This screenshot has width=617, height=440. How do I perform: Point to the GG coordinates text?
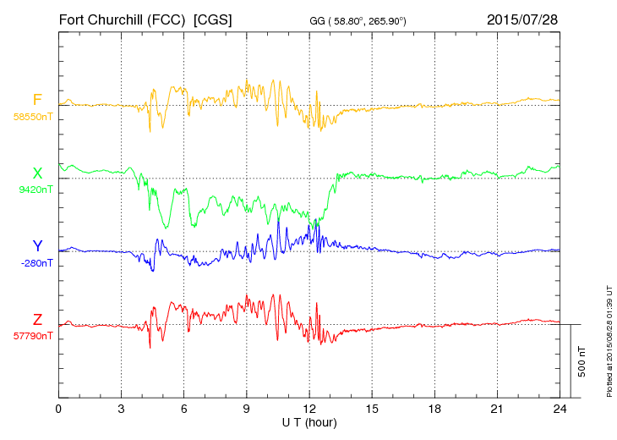[x=358, y=19]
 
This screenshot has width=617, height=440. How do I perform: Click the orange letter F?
[x=37, y=101]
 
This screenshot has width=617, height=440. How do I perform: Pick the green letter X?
[x=37, y=173]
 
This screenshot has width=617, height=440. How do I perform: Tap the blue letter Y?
[x=37, y=246]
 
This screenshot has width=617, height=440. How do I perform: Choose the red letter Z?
[x=37, y=320]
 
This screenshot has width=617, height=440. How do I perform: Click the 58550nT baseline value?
[x=33, y=117]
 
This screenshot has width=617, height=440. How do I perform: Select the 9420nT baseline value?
[x=35, y=190]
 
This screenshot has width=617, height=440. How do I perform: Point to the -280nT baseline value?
[x=36, y=263]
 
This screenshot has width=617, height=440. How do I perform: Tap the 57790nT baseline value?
[x=33, y=336]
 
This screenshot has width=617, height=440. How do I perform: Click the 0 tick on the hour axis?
[x=58, y=409]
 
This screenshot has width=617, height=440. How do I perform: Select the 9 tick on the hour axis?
[x=247, y=409]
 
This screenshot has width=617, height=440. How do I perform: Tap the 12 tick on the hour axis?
[x=309, y=409]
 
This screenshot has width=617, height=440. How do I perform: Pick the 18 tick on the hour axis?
[x=434, y=409]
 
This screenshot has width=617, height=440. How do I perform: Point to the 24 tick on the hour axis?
[x=560, y=409]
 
